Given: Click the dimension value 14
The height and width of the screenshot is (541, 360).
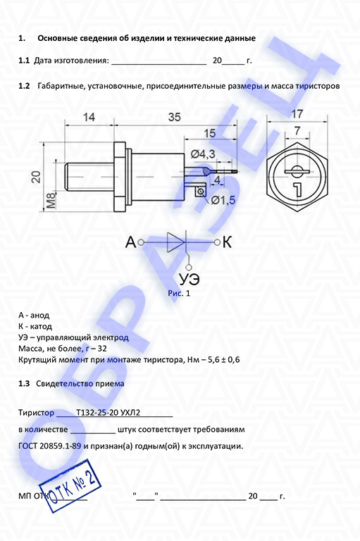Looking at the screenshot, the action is pyautogui.click(x=89, y=118).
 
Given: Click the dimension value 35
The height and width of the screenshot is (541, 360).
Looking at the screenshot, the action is pyautogui.click(x=174, y=118).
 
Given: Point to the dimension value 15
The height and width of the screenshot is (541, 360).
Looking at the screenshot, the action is pyautogui.click(x=209, y=133).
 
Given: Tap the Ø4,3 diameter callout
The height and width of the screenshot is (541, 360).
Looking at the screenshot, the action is pyautogui.click(x=203, y=154).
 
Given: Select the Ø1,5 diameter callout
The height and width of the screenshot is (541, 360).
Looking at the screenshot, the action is pyautogui.click(x=223, y=200).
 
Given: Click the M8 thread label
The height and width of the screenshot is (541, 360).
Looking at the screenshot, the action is pyautogui.click(x=51, y=201).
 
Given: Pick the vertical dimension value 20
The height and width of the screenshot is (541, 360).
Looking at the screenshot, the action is pyautogui.click(x=36, y=177).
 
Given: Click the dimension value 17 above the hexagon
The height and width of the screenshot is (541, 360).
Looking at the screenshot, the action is pyautogui.click(x=297, y=113).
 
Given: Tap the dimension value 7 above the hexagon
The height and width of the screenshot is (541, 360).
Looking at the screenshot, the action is pyautogui.click(x=297, y=131).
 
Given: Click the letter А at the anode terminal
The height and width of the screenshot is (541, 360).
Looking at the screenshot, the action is pyautogui.click(x=131, y=242).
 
